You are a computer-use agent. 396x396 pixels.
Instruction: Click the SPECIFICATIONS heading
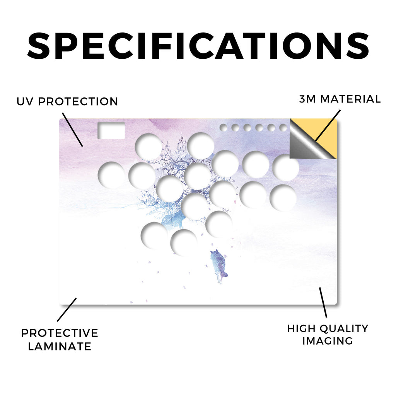click(198, 46)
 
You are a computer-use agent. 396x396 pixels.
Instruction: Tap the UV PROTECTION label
click(67, 102)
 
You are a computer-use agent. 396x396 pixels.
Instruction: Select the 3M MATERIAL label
click(340, 99)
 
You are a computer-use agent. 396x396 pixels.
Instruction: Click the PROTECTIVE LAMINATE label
click(60, 340)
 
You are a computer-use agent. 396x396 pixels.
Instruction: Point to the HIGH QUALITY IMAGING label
click(328, 335)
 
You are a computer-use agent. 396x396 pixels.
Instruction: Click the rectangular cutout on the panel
click(111, 131)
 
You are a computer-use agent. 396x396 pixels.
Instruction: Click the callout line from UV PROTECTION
click(72, 130)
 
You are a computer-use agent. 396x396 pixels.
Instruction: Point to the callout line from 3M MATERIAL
click(328, 125)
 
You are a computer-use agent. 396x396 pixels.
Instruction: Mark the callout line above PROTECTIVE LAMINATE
click(67, 310)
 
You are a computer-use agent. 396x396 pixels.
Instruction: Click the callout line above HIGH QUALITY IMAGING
click(323, 302)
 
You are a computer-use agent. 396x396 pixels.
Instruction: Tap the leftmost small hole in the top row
click(223, 128)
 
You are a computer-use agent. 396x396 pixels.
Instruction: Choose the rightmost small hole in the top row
click(283, 128)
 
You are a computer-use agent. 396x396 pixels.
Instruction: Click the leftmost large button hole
click(111, 175)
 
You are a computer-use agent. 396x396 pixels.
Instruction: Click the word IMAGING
click(328, 341)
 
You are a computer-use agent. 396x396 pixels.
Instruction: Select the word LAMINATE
click(60, 346)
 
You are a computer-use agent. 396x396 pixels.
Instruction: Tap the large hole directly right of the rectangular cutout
click(148, 147)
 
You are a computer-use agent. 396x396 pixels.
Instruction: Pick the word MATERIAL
click(350, 99)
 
